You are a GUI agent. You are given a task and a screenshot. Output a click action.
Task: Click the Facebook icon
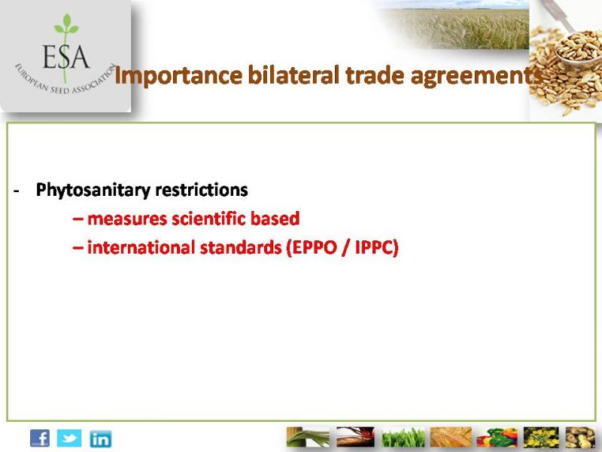[40, 438]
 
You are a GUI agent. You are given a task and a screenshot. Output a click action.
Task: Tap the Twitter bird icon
[69, 438]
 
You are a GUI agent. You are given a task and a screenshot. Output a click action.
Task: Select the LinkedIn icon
[101, 438]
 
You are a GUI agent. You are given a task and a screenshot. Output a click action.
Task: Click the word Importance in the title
[178, 76]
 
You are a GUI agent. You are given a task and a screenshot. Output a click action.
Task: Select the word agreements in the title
[477, 77]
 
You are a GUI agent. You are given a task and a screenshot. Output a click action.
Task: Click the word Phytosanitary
[93, 191]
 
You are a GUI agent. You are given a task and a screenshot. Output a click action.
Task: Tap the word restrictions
[201, 190]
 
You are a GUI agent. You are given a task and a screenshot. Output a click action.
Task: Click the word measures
[127, 219]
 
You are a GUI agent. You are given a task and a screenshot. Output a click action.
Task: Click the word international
[141, 248]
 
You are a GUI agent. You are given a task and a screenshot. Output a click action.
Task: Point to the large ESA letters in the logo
[65, 57]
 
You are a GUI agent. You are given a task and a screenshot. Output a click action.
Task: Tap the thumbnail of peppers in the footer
[497, 437]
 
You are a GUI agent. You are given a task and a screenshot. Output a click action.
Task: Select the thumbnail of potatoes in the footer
[580, 437]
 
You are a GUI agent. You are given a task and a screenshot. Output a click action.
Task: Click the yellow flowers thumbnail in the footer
[541, 437]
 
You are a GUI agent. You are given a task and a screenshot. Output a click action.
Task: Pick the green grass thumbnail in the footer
[403, 438]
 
